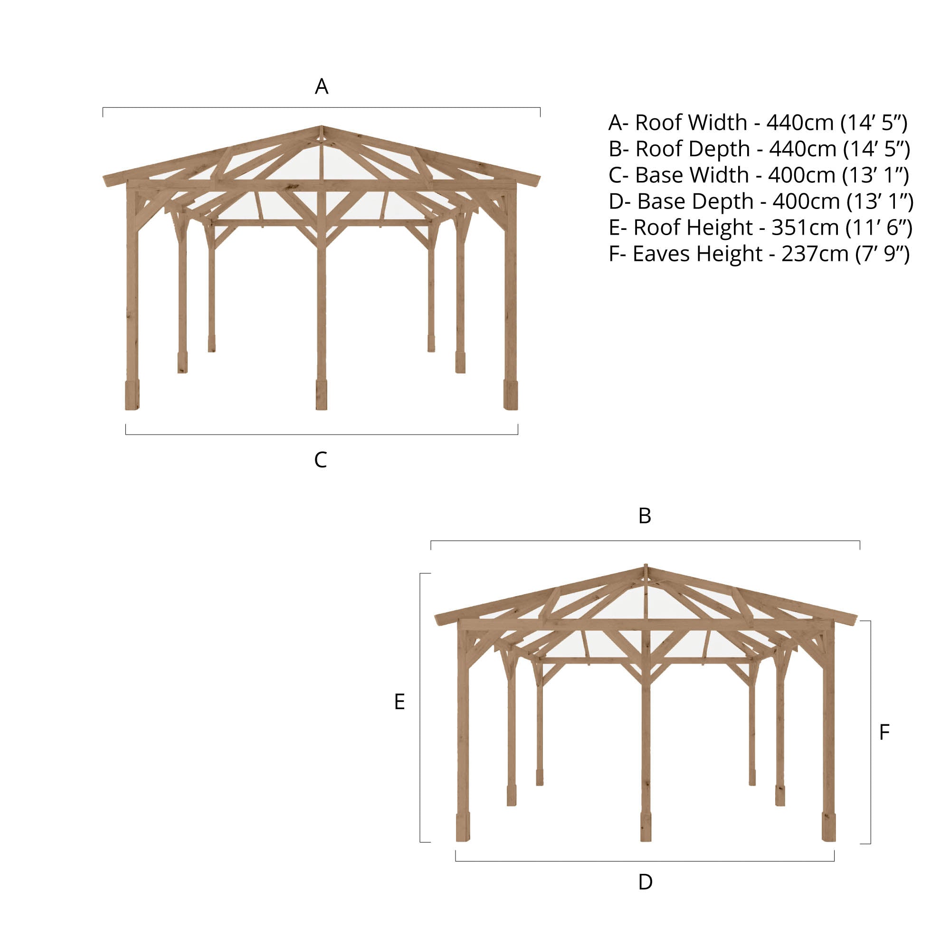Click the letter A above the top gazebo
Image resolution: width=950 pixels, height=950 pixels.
tap(321, 86)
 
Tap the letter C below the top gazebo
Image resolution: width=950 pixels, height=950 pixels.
tap(320, 460)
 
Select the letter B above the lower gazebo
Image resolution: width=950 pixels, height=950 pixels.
tap(645, 516)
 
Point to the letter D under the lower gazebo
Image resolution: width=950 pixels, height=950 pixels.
tap(645, 882)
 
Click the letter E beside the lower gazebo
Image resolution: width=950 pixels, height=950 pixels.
tap(399, 702)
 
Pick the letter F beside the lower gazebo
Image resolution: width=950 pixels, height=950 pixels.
tap(884, 732)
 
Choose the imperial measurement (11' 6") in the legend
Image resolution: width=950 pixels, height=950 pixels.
tap(879, 228)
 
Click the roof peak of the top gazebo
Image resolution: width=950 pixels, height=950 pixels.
tap(322, 127)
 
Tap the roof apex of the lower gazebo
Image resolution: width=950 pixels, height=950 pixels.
tap(646, 565)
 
